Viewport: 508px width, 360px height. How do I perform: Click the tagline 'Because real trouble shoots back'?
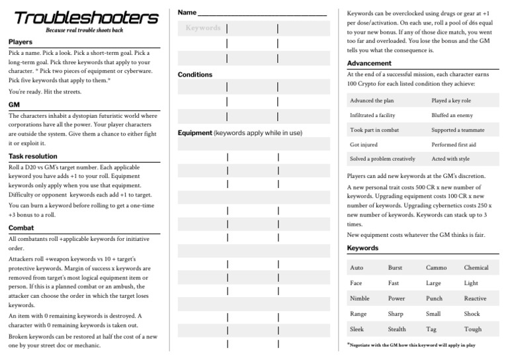point(85,30)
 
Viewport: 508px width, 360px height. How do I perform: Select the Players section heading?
point(21,42)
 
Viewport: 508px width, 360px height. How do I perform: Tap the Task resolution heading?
point(33,156)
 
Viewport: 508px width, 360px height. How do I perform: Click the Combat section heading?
point(21,227)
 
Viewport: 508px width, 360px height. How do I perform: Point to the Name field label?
point(187,13)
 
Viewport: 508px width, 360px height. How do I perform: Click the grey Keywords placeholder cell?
point(202,28)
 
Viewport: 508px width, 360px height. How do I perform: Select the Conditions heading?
point(195,75)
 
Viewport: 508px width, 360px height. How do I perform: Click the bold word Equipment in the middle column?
point(194,133)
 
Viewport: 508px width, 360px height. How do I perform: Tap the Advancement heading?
point(369,64)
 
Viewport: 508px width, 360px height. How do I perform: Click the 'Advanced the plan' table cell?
point(372,101)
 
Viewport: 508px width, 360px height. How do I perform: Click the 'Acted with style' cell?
point(450,159)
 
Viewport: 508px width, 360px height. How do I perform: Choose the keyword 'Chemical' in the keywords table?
point(476,268)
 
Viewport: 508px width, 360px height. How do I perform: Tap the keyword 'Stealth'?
point(397,329)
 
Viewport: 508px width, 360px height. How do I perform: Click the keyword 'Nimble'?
point(360,298)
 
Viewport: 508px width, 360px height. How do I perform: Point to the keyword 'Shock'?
point(472,314)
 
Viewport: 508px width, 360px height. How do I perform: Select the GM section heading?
point(14,105)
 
